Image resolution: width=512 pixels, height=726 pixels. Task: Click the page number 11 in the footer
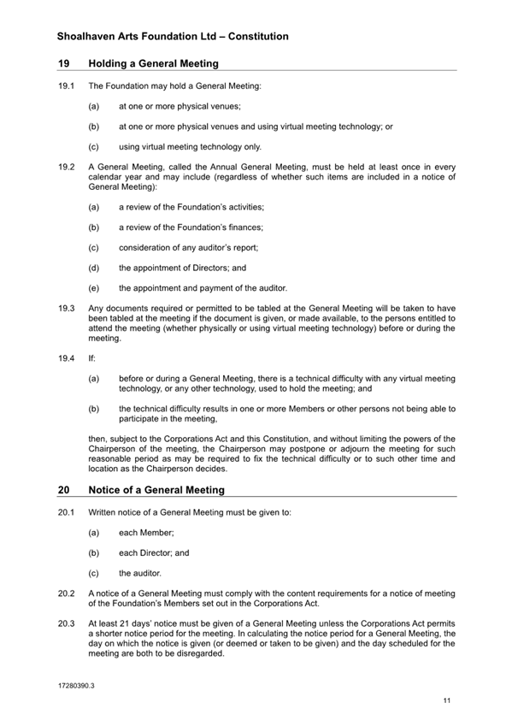[x=446, y=701]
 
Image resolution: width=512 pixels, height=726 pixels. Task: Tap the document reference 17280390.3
[x=76, y=686]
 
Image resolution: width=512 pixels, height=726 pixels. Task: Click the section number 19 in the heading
[x=64, y=63]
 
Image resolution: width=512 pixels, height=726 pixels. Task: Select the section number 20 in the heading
[x=64, y=490]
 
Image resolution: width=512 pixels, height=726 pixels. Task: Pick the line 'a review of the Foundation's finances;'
[x=191, y=227]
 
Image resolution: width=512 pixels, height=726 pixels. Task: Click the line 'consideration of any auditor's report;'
[x=188, y=247]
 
